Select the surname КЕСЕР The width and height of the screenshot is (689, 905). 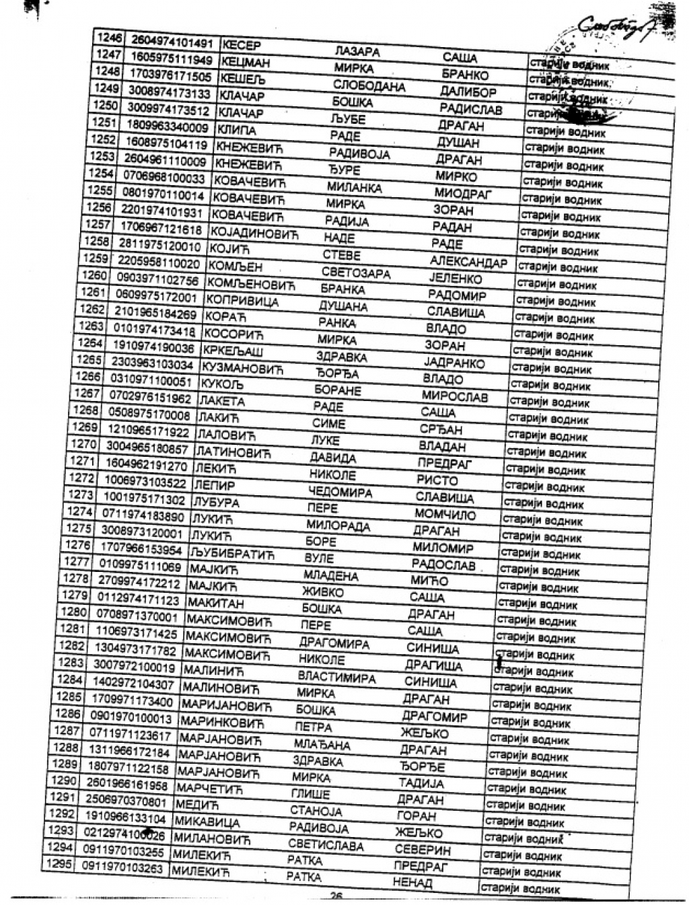(241, 45)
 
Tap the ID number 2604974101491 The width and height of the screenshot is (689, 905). (171, 42)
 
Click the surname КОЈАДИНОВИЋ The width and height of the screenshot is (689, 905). (254, 233)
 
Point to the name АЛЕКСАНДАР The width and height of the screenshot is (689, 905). (468, 262)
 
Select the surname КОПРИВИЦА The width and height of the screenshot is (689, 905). (242, 300)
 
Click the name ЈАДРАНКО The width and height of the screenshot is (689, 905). (454, 363)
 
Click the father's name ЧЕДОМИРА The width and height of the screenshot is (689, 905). (340, 492)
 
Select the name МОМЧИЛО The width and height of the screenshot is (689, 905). (445, 515)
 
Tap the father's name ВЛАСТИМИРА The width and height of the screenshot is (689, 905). (336, 677)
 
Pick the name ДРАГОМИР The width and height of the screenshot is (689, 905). (434, 717)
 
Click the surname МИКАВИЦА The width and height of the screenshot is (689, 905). (207, 822)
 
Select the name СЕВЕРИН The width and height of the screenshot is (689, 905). (423, 850)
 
